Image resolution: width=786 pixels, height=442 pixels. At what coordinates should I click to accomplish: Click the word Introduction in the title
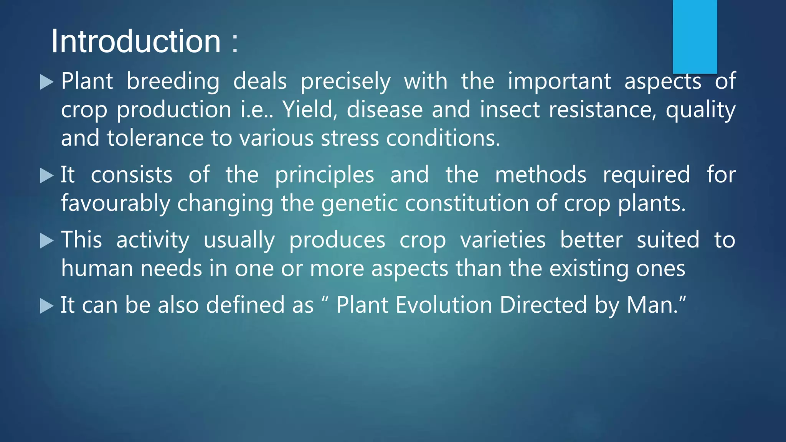[x=136, y=41]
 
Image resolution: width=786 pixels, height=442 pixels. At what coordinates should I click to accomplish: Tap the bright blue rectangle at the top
[x=695, y=36]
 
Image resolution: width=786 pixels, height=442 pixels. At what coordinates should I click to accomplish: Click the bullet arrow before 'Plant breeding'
[x=46, y=82]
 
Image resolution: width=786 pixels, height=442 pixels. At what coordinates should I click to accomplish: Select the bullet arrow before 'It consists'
[x=46, y=176]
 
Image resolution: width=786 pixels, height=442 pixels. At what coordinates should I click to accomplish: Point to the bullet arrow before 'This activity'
[x=46, y=241]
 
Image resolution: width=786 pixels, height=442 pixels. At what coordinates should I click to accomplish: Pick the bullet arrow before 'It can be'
[x=46, y=306]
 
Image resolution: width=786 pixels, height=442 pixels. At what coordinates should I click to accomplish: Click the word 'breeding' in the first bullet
[x=173, y=82]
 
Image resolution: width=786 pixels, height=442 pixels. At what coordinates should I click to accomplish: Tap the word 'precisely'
[x=345, y=82]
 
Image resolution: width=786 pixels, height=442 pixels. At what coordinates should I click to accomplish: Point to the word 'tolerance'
[x=155, y=138]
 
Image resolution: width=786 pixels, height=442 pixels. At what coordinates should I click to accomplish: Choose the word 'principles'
[x=324, y=175]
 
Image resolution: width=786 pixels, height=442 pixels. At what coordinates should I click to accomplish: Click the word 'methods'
[x=540, y=175]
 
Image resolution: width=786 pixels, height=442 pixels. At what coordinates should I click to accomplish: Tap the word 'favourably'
[x=116, y=203]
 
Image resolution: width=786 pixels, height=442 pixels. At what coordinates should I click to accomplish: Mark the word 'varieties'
[x=503, y=240]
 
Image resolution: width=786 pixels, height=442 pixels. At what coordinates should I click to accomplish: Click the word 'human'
[x=97, y=268]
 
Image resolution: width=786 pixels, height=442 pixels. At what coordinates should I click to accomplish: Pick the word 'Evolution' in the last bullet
[x=444, y=305]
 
